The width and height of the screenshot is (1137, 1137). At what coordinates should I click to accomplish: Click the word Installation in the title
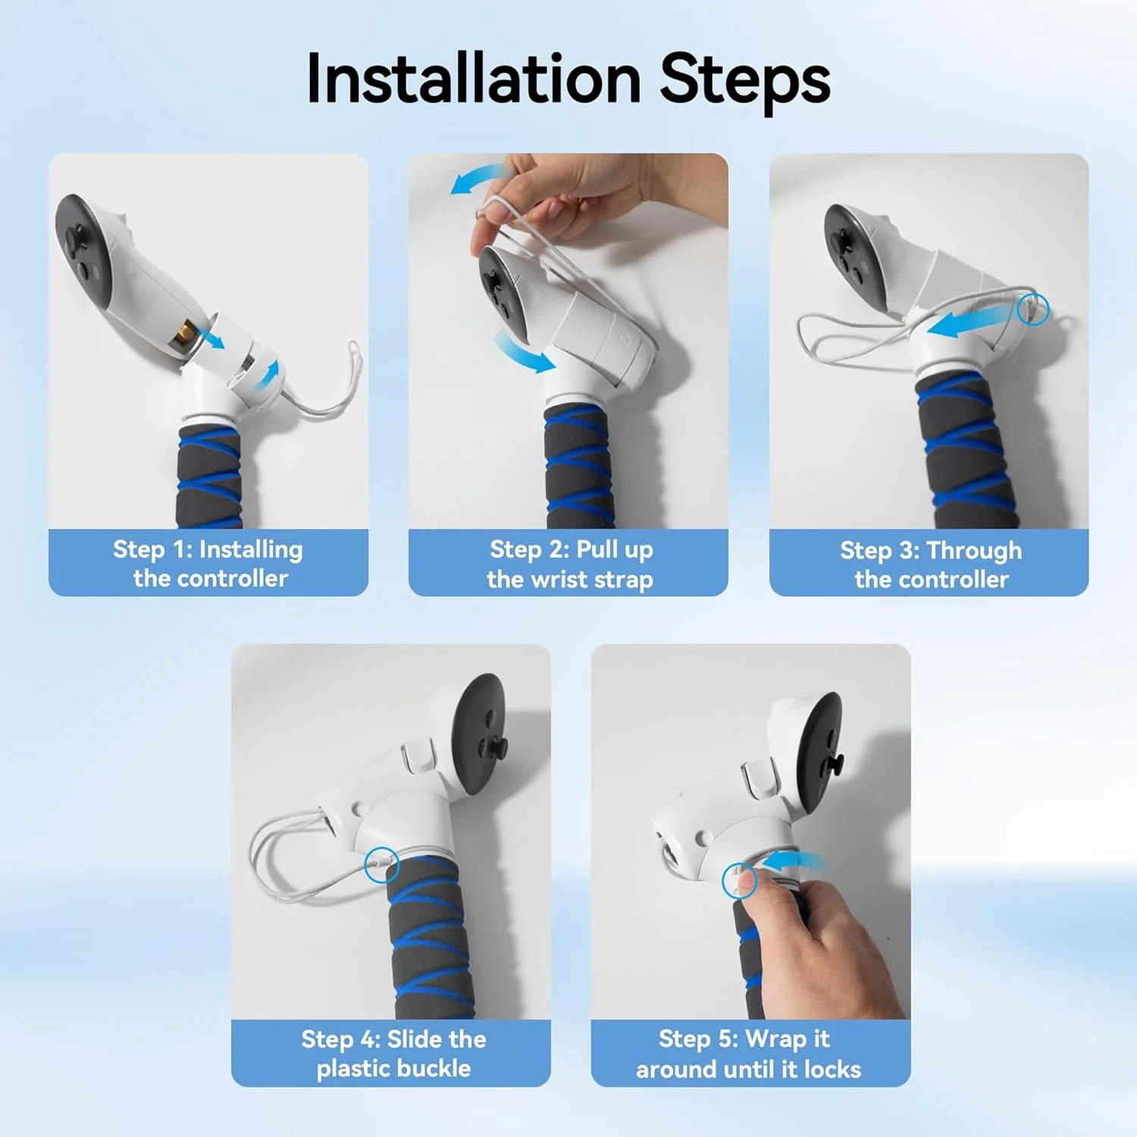(x=474, y=80)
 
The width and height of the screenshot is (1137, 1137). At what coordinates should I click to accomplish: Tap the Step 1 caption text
(x=208, y=563)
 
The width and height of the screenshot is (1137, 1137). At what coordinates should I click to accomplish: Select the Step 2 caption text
(x=569, y=564)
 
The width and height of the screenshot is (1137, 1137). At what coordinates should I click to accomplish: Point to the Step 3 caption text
(x=931, y=564)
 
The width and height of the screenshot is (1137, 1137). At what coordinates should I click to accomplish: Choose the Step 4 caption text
(x=393, y=1053)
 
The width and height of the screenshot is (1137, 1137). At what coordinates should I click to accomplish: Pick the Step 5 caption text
(x=748, y=1053)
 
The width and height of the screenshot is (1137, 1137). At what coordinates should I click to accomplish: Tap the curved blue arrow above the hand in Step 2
(x=478, y=179)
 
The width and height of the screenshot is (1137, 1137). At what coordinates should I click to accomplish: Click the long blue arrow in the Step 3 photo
(x=970, y=320)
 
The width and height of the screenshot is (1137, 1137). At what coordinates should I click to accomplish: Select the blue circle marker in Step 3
(x=1032, y=309)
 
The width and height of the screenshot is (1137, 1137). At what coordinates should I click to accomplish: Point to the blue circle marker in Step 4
(x=381, y=864)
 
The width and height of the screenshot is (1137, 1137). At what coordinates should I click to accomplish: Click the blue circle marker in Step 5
(x=738, y=881)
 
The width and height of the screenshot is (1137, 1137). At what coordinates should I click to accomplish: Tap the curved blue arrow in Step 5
(x=796, y=861)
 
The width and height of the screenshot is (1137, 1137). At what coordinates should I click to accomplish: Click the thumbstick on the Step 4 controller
(x=500, y=747)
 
